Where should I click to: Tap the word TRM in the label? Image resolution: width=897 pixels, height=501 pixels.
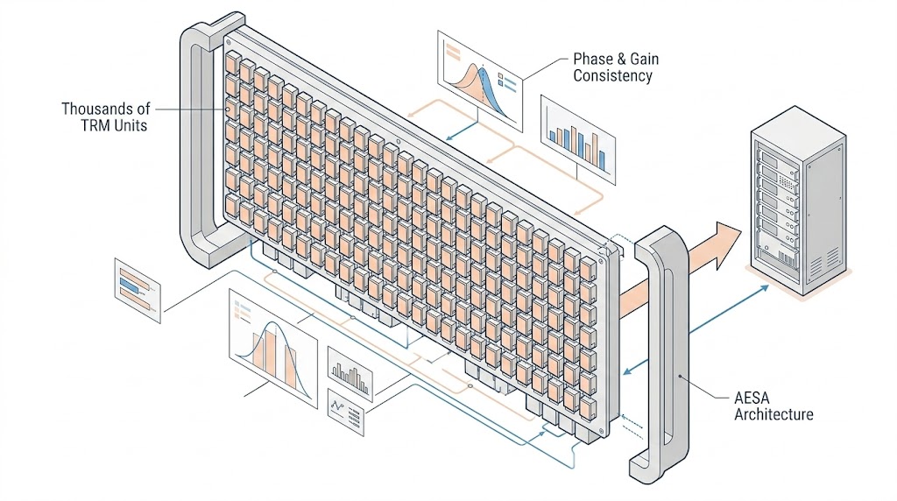click(84, 125)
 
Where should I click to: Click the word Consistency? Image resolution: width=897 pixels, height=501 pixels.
click(612, 76)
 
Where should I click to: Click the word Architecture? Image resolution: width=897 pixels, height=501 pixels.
click(773, 414)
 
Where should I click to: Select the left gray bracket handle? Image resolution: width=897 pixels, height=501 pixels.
click(197, 140)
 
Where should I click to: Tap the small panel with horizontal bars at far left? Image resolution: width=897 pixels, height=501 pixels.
click(138, 290)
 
